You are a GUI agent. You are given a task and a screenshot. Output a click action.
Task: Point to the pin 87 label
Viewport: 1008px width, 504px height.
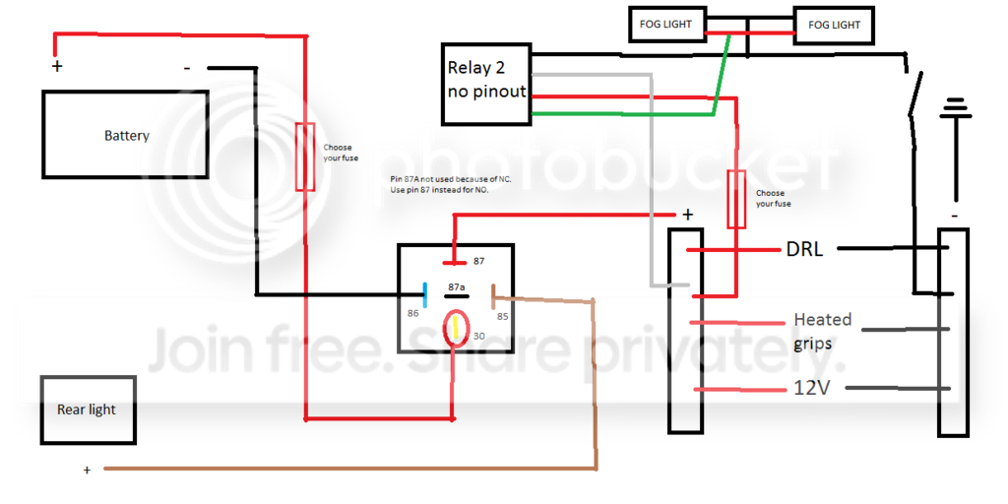point(478,262)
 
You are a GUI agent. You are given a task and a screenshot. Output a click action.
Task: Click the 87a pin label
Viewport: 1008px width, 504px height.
point(457,285)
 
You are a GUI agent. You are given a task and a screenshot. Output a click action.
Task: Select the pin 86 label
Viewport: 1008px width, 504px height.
point(412,314)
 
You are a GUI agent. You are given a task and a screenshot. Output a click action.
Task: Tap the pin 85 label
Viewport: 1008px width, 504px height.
point(502,316)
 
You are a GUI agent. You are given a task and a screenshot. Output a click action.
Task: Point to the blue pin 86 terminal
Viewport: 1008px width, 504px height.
point(425,294)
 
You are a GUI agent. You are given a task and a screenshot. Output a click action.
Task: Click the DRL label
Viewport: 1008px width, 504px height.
point(804,249)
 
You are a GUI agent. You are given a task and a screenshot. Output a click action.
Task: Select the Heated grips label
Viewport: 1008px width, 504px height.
point(822,331)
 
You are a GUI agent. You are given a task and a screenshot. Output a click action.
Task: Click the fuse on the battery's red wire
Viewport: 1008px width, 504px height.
point(305,157)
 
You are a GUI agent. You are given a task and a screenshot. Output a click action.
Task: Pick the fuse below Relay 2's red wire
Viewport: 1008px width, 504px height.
point(736,199)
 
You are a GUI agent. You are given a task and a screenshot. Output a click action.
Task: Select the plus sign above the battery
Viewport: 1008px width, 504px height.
point(57,66)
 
